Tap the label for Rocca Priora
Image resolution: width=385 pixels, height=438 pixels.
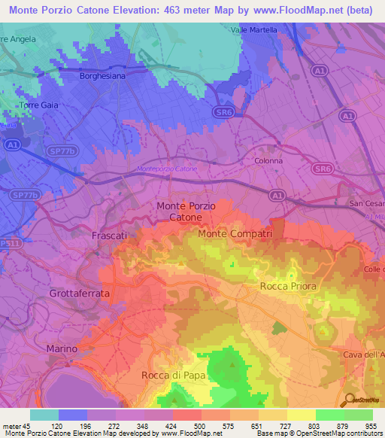288,287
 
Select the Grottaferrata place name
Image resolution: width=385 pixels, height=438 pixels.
79,293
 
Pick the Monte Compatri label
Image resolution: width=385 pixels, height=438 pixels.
235,234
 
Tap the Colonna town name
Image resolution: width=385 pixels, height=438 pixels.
270,161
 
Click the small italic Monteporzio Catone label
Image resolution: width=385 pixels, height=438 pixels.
168,169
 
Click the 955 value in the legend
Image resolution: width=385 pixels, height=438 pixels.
372,425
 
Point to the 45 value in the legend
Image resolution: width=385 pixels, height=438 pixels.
31,425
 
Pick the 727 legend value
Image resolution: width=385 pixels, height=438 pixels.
286,425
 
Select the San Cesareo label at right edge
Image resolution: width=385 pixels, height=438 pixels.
367,204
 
